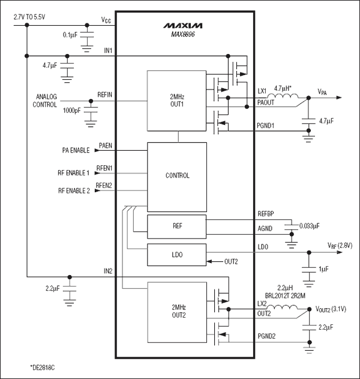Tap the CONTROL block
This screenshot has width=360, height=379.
[x=177, y=176]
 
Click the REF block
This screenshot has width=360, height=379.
[x=177, y=226]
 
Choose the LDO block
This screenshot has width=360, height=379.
[x=177, y=255]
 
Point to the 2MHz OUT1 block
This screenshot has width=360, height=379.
[x=177, y=100]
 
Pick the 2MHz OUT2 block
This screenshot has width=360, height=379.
[x=177, y=311]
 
